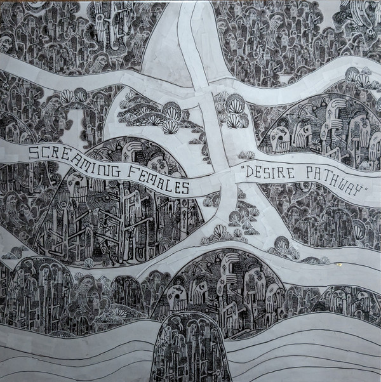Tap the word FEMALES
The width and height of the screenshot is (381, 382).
tap(156, 180)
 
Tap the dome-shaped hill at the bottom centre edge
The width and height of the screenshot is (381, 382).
tap(191, 349)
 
